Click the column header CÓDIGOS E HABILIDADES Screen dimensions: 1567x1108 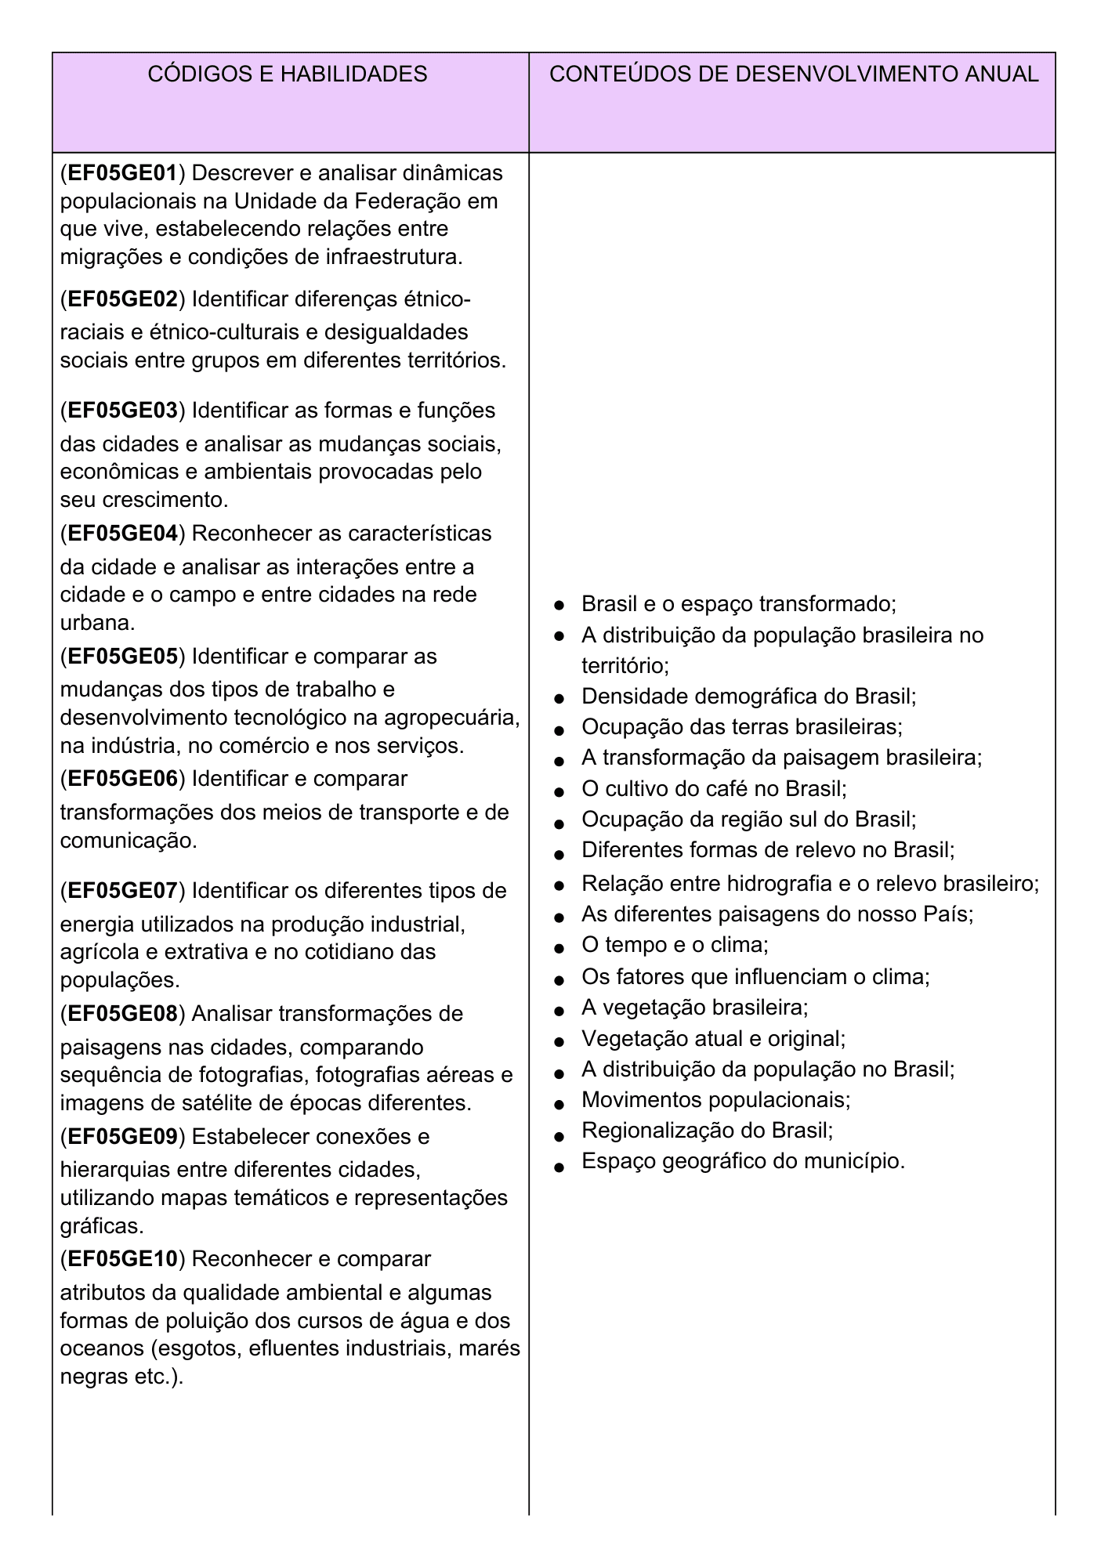pos(288,74)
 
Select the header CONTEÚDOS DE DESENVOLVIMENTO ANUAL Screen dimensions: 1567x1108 pos(794,74)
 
